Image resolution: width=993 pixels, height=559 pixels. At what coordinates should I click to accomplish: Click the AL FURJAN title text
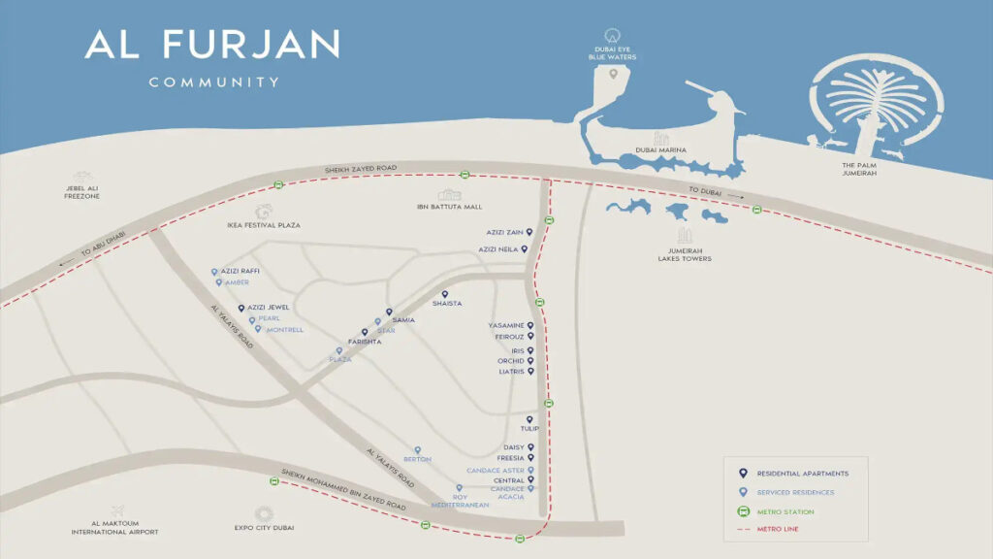click(212, 44)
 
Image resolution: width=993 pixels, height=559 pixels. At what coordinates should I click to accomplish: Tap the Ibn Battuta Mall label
click(449, 207)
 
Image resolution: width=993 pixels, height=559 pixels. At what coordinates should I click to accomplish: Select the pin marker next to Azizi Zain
click(530, 233)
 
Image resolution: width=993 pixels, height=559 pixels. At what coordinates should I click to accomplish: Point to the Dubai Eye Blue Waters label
click(616, 52)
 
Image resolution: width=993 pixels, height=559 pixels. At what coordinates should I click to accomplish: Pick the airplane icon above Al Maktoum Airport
click(117, 511)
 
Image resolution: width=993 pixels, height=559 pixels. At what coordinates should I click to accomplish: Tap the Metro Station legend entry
click(785, 511)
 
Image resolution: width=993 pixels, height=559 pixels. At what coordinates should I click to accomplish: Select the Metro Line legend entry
click(778, 529)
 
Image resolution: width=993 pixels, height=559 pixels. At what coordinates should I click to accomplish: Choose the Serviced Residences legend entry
click(795, 492)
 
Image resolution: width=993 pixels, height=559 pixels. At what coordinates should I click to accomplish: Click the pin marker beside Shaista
click(445, 294)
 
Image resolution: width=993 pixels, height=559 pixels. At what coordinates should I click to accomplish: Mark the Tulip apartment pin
click(530, 419)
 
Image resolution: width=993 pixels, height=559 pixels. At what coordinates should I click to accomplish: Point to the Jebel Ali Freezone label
click(77, 192)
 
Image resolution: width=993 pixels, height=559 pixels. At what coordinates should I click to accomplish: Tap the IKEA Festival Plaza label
click(263, 225)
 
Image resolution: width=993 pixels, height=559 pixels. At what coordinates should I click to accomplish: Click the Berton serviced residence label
click(417, 459)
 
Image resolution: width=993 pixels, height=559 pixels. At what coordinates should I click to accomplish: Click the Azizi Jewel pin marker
click(241, 309)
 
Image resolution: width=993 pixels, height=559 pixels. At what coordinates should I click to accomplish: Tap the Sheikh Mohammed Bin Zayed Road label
click(343, 491)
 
